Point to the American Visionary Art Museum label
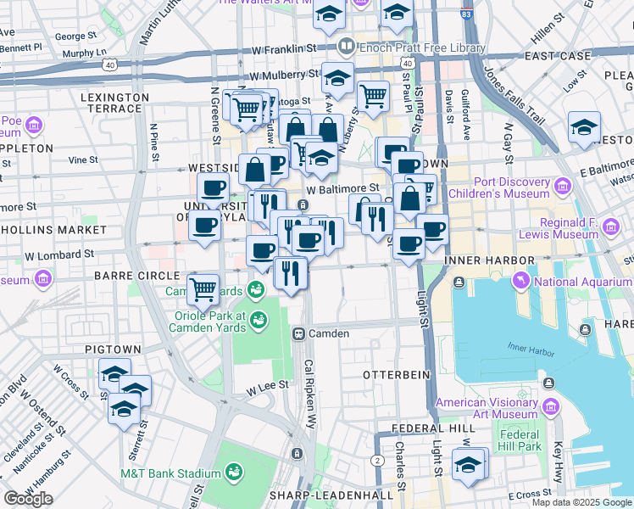point(486,408)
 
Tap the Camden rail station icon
point(298,333)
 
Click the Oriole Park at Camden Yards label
point(197,322)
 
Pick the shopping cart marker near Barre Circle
point(203,289)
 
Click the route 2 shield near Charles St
point(375,460)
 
